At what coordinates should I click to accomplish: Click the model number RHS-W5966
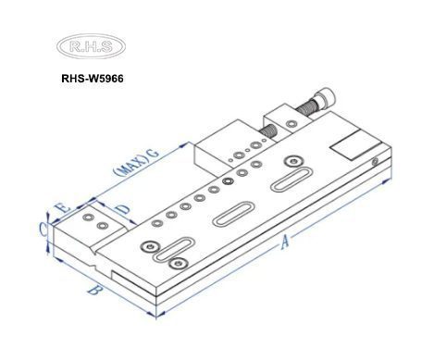pos(92,79)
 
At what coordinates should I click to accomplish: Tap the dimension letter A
pos(286,242)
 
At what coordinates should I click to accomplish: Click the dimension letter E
pos(62,208)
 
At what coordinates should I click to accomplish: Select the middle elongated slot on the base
pos(233,212)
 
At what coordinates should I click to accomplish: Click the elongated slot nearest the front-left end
pos(174,250)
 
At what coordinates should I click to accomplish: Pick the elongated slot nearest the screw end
pos(294,177)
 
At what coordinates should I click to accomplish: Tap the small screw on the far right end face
pos(373,163)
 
